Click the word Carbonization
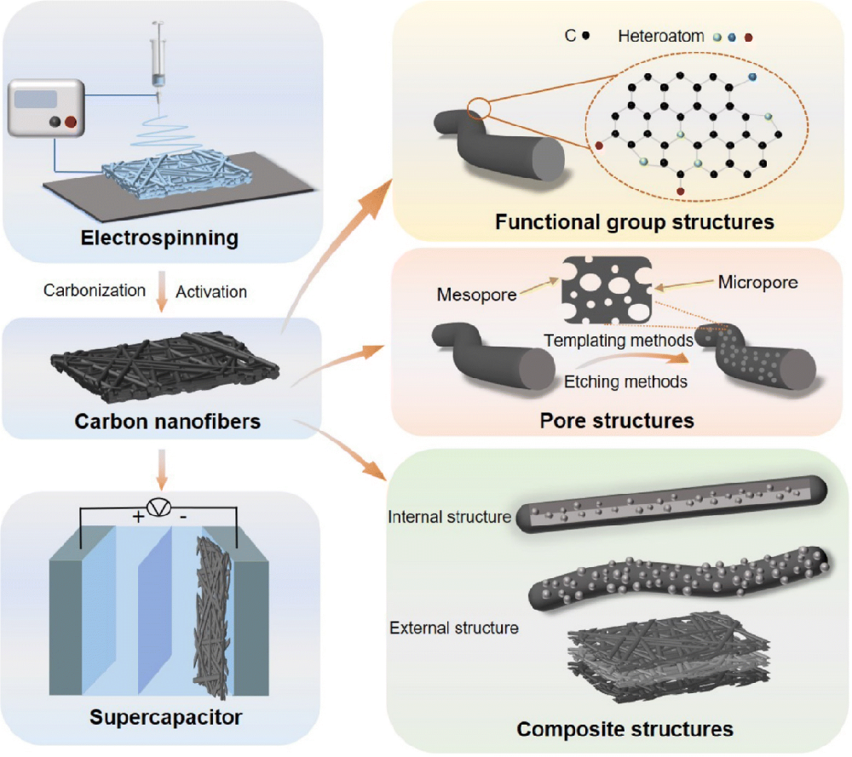tap(95, 290)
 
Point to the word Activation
tap(211, 292)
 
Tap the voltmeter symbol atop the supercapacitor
tap(159, 508)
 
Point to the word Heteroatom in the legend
tap(661, 37)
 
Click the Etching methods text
tap(625, 382)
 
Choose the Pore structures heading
tap(617, 421)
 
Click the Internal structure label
tap(449, 517)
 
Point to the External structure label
tap(453, 628)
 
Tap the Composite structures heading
tap(625, 729)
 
